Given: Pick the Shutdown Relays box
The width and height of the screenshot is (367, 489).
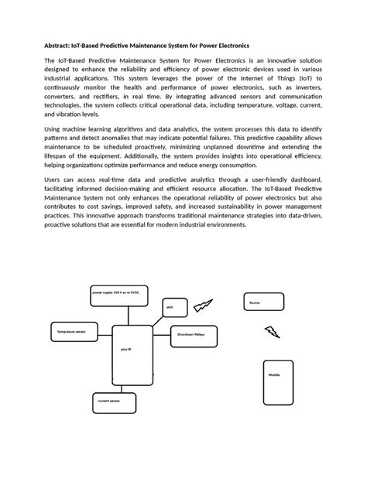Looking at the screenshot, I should [195, 334].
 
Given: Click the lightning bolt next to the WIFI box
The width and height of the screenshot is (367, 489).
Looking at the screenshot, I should [203, 305].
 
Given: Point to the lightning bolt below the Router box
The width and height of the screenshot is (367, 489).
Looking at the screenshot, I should [273, 332].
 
